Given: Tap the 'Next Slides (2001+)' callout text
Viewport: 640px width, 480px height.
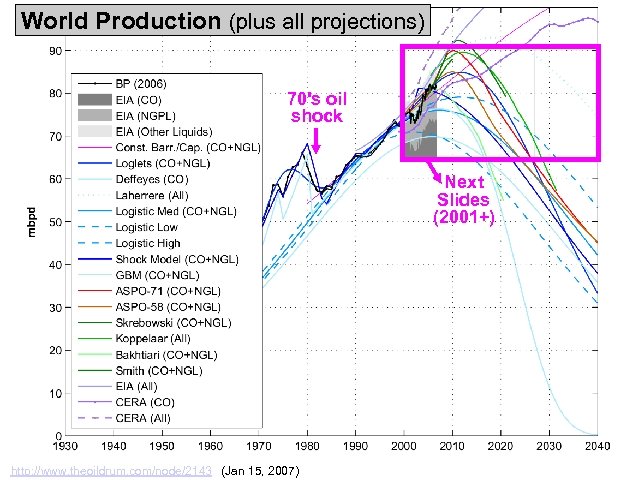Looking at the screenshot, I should (464, 198).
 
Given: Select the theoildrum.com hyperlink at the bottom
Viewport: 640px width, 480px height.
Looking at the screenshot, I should (110, 469).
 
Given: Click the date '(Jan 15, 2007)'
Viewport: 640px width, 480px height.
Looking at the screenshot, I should (258, 469).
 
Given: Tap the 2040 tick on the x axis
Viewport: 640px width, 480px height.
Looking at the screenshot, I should (599, 445).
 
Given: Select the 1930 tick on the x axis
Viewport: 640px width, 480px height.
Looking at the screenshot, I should (64, 445).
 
